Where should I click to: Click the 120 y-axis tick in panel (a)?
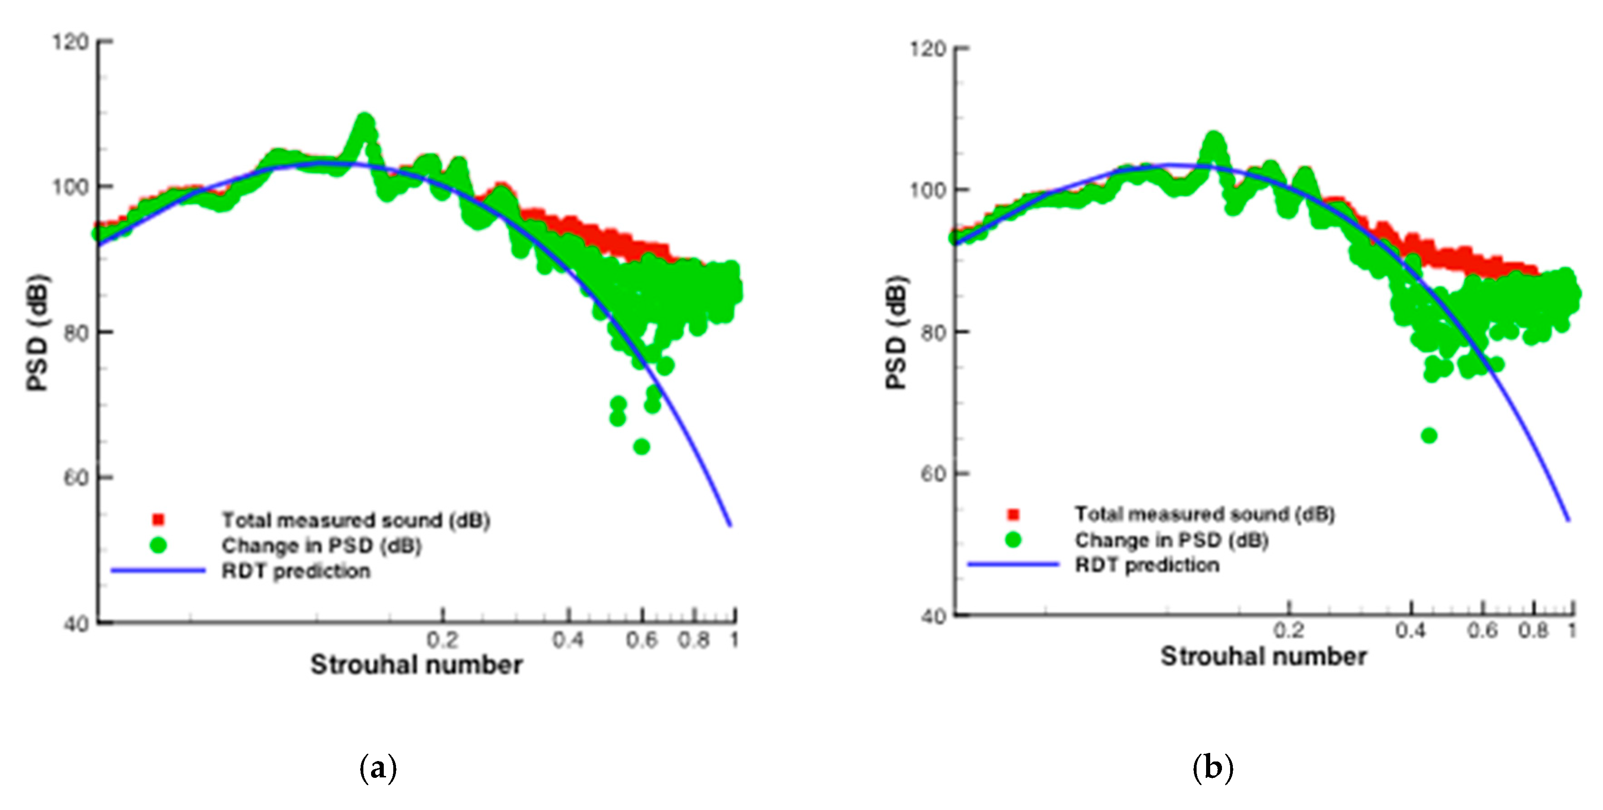70,42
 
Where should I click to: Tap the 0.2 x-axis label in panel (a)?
443,640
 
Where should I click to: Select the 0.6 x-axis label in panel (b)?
1482,631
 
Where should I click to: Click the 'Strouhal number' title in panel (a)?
416,665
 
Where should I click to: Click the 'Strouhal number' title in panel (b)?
1263,657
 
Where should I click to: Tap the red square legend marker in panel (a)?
158,519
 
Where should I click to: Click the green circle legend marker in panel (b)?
1013,539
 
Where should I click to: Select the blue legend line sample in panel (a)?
158,570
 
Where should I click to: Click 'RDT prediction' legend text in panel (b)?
1147,565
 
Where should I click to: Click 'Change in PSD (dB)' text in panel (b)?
1171,540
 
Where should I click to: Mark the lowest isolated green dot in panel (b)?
1429,436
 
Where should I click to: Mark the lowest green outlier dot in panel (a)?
642,446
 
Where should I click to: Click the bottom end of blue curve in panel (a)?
730,525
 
